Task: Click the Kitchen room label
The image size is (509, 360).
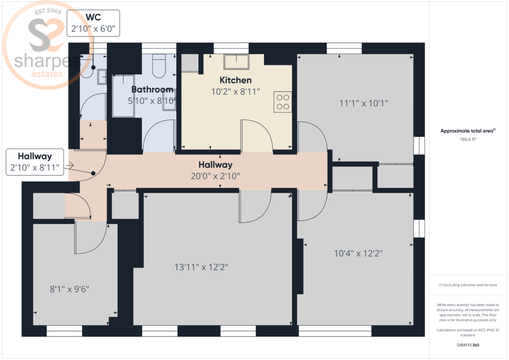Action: (x=235, y=80)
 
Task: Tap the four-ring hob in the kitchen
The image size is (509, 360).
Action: (x=282, y=101)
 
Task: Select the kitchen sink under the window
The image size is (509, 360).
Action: (x=236, y=61)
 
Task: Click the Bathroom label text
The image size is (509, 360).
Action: (x=152, y=89)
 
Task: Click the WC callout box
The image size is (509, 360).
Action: (x=93, y=23)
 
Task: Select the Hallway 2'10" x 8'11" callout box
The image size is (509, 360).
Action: (x=34, y=162)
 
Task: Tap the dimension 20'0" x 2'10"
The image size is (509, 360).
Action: (x=215, y=175)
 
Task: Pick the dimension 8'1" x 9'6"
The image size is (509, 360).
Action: (x=69, y=288)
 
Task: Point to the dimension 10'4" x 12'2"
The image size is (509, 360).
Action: (x=358, y=253)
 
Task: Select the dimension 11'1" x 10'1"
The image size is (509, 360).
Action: (x=363, y=103)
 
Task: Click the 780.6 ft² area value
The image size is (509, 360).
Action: (x=467, y=140)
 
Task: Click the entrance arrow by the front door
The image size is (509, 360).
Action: (x=70, y=165)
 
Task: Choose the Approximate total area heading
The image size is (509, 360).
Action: (x=467, y=131)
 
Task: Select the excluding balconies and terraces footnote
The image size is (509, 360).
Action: (x=467, y=285)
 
